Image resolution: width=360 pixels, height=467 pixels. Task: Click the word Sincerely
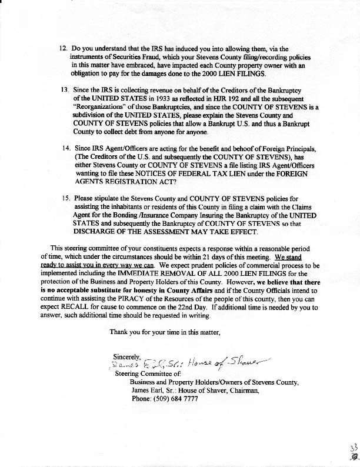(128, 355)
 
